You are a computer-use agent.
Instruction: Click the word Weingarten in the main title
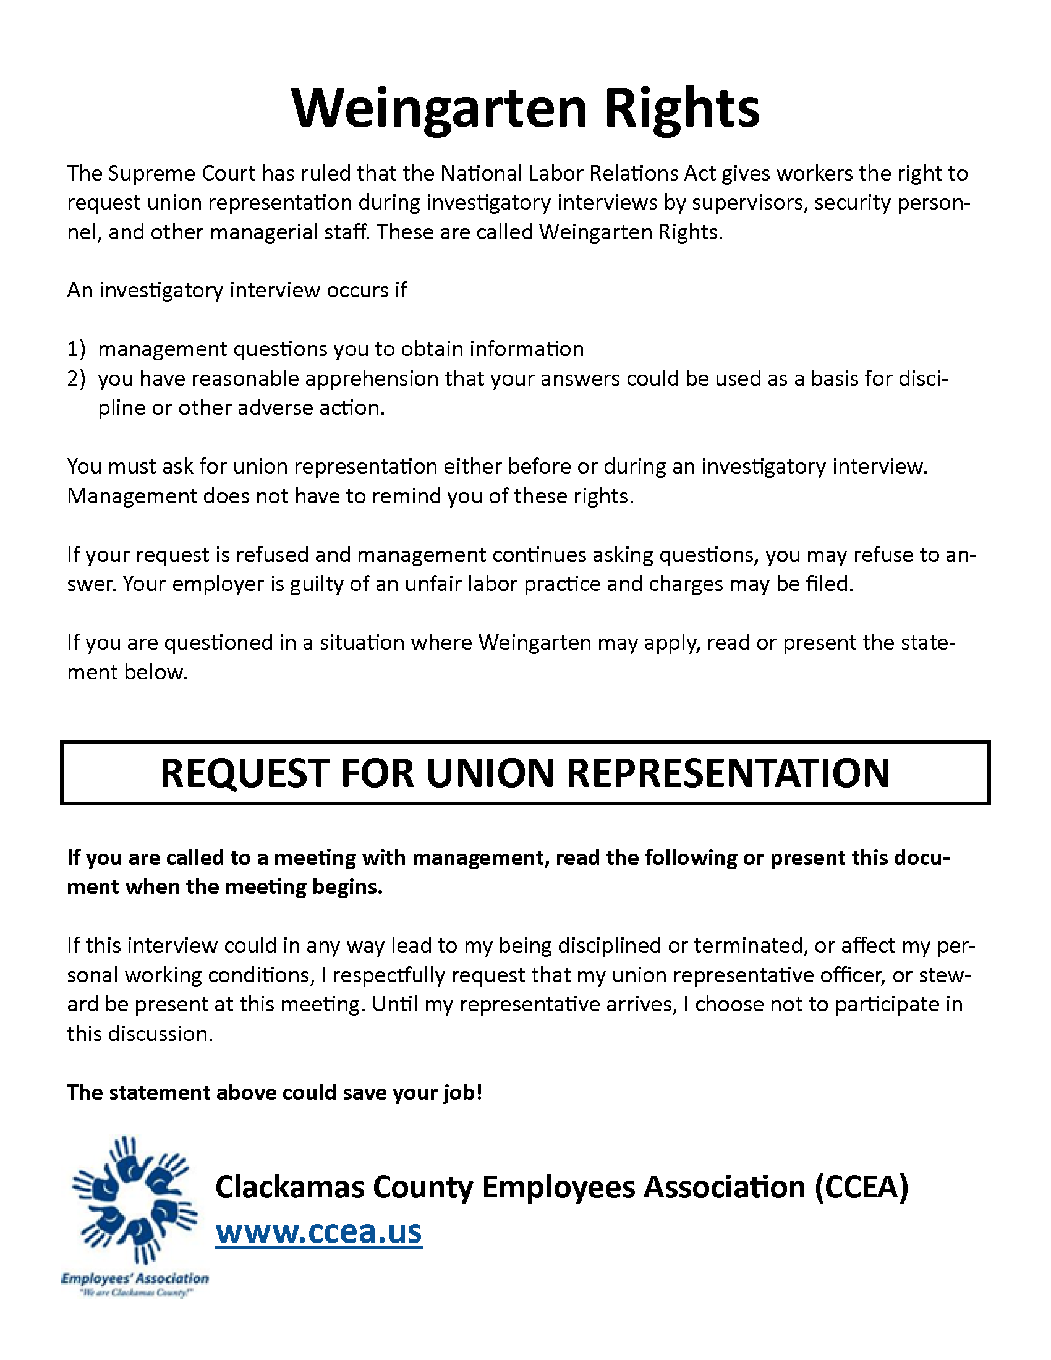tap(439, 108)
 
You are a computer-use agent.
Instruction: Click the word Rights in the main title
tap(682, 108)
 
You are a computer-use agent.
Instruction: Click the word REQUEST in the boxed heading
tap(244, 773)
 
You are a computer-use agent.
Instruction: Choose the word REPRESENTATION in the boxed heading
tap(728, 773)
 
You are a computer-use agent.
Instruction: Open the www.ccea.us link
tap(318, 1231)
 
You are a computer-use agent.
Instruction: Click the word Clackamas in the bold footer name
tap(289, 1187)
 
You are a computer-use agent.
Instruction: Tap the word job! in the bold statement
tap(462, 1092)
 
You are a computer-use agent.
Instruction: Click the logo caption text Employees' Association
tap(135, 1278)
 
